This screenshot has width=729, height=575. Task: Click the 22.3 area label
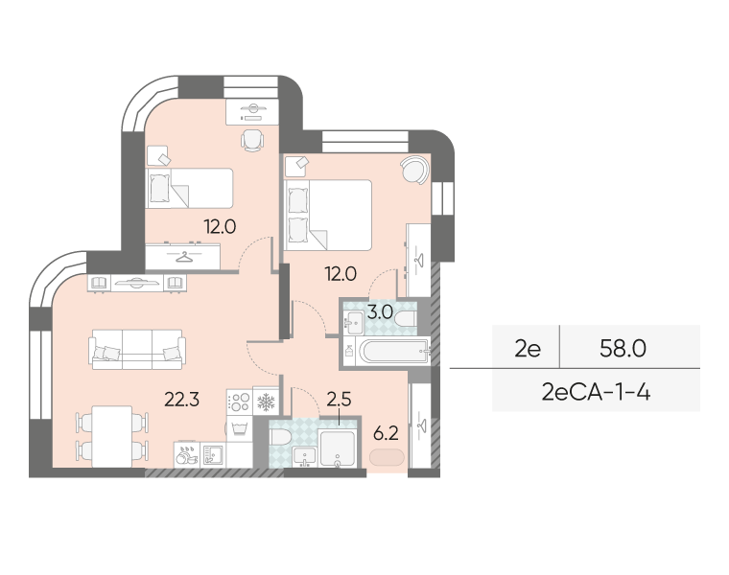[182, 399]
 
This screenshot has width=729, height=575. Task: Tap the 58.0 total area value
[623, 348]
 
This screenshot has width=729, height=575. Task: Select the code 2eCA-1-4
[596, 393]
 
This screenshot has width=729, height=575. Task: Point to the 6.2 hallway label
[386, 433]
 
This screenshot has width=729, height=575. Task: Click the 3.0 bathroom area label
[380, 312]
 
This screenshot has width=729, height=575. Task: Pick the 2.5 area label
[339, 399]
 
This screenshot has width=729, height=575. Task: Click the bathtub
[394, 351]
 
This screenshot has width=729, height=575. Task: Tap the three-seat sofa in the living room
[137, 349]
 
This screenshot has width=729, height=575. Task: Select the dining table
[112, 436]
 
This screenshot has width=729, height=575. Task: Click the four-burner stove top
[240, 402]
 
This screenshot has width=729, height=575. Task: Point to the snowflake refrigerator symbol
[267, 402]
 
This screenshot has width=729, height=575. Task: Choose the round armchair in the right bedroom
[414, 170]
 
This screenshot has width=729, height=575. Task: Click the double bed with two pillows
[328, 215]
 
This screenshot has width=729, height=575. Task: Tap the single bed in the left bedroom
[189, 188]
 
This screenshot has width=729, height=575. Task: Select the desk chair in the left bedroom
[252, 141]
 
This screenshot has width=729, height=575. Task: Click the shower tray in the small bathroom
[338, 448]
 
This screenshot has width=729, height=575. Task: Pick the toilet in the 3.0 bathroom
[406, 319]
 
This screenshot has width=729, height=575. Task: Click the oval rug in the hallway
[387, 457]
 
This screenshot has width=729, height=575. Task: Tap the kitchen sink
[213, 454]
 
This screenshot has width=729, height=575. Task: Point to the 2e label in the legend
[528, 348]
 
